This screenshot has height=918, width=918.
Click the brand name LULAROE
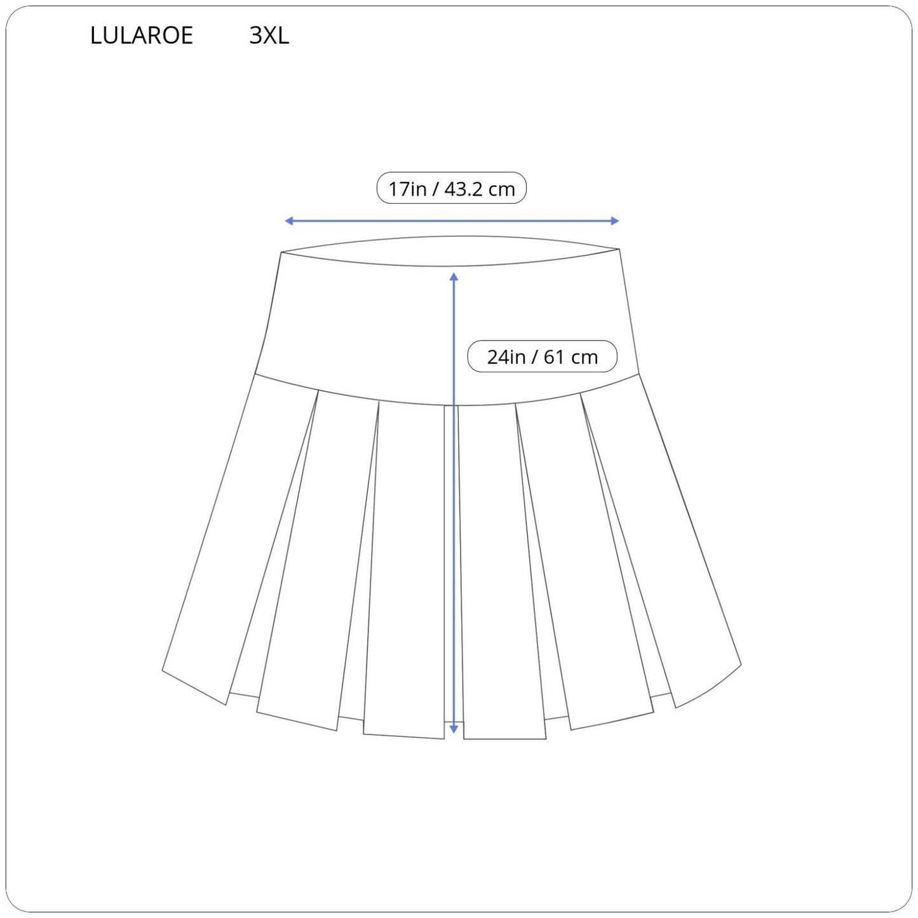(142, 36)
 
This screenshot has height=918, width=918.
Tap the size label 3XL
(269, 36)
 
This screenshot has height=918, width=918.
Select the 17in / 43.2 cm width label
(452, 188)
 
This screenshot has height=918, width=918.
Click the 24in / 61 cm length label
(542, 356)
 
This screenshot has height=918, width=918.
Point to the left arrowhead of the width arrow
(288, 220)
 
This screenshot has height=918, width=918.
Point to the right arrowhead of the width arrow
(614, 220)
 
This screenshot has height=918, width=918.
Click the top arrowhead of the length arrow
(454, 276)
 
